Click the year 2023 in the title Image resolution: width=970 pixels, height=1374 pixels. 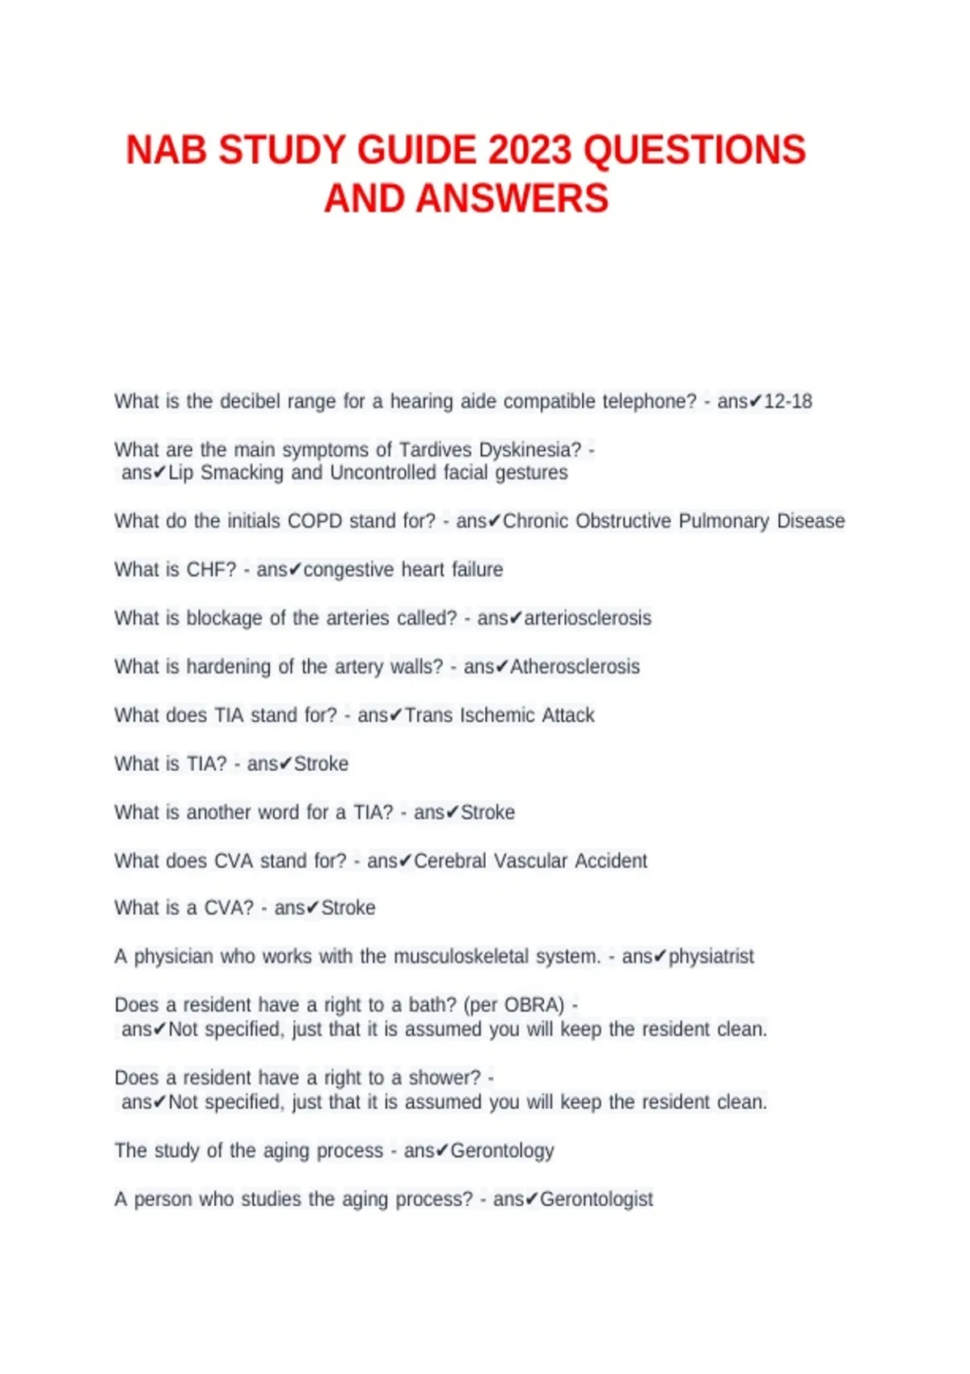[x=529, y=151]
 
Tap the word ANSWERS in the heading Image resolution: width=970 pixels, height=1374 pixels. [x=512, y=199]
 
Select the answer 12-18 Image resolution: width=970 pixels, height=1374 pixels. [x=788, y=402]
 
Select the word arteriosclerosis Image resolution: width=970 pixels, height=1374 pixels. [x=588, y=618]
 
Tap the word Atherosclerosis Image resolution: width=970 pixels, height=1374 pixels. [x=575, y=667]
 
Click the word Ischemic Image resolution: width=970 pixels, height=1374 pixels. [x=497, y=715]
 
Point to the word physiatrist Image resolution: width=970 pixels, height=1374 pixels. [x=711, y=957]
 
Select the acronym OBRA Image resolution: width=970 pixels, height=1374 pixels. [x=533, y=1005]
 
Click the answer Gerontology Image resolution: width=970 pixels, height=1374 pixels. [x=502, y=1151]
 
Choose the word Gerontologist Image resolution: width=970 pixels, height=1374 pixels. [x=596, y=1199]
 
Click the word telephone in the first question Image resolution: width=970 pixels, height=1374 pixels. [x=648, y=402]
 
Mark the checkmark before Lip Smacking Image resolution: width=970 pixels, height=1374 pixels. [x=160, y=473]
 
